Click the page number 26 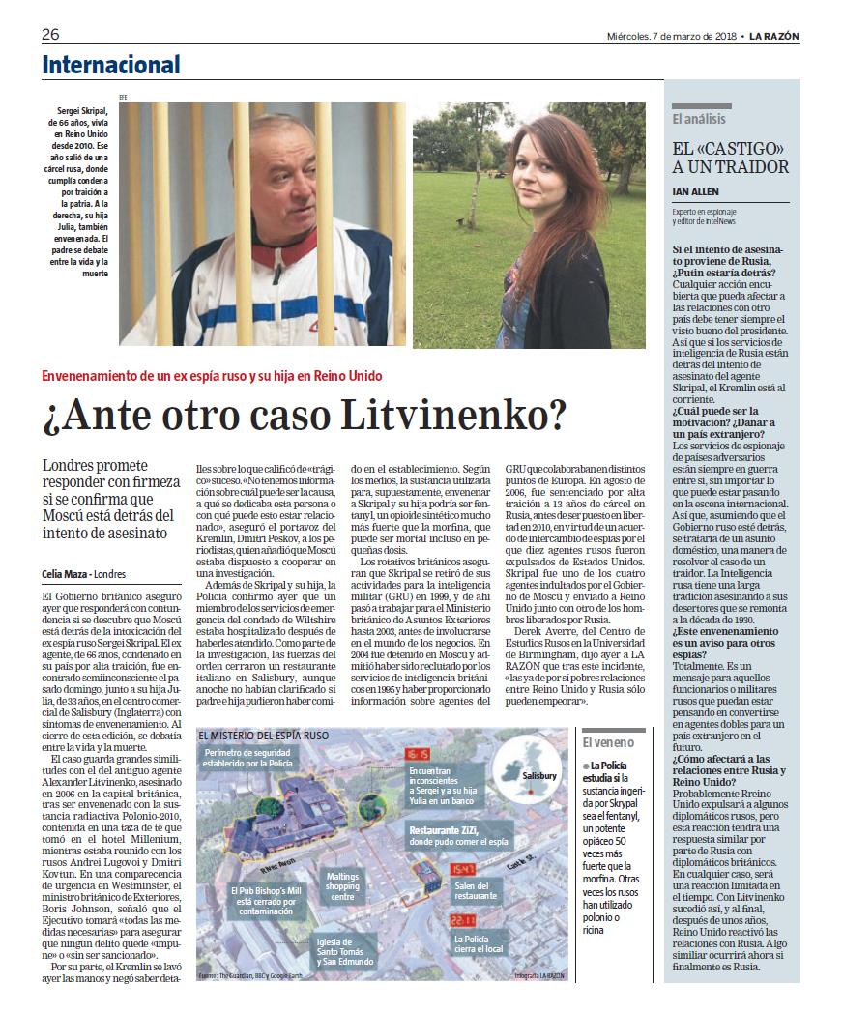50,36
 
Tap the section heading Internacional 110,66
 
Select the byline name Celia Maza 64,573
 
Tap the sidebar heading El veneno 609,742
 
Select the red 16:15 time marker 419,754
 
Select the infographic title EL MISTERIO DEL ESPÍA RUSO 263,736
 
